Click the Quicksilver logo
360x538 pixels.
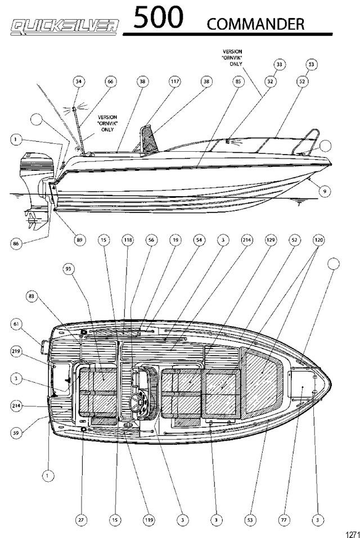coord(65,27)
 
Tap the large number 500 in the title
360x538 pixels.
coord(158,17)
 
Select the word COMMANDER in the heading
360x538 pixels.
coord(255,24)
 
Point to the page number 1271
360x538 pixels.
coord(352,534)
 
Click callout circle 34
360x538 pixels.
coord(79,82)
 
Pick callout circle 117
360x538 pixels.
coord(175,82)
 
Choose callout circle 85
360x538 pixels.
coord(238,82)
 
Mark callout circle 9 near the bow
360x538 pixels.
coord(325,191)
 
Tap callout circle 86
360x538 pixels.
coord(16,243)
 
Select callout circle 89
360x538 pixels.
coord(80,240)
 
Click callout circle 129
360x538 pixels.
coord(271,240)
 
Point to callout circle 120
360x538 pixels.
coord(318,240)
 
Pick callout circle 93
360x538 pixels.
coord(68,269)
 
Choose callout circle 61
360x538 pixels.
coord(16,324)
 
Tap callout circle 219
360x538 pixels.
coord(16,351)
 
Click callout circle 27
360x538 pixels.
coord(81,520)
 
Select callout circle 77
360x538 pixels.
coord(284,520)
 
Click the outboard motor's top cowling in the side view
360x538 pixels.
coord(37,164)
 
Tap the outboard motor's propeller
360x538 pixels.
coord(33,219)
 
